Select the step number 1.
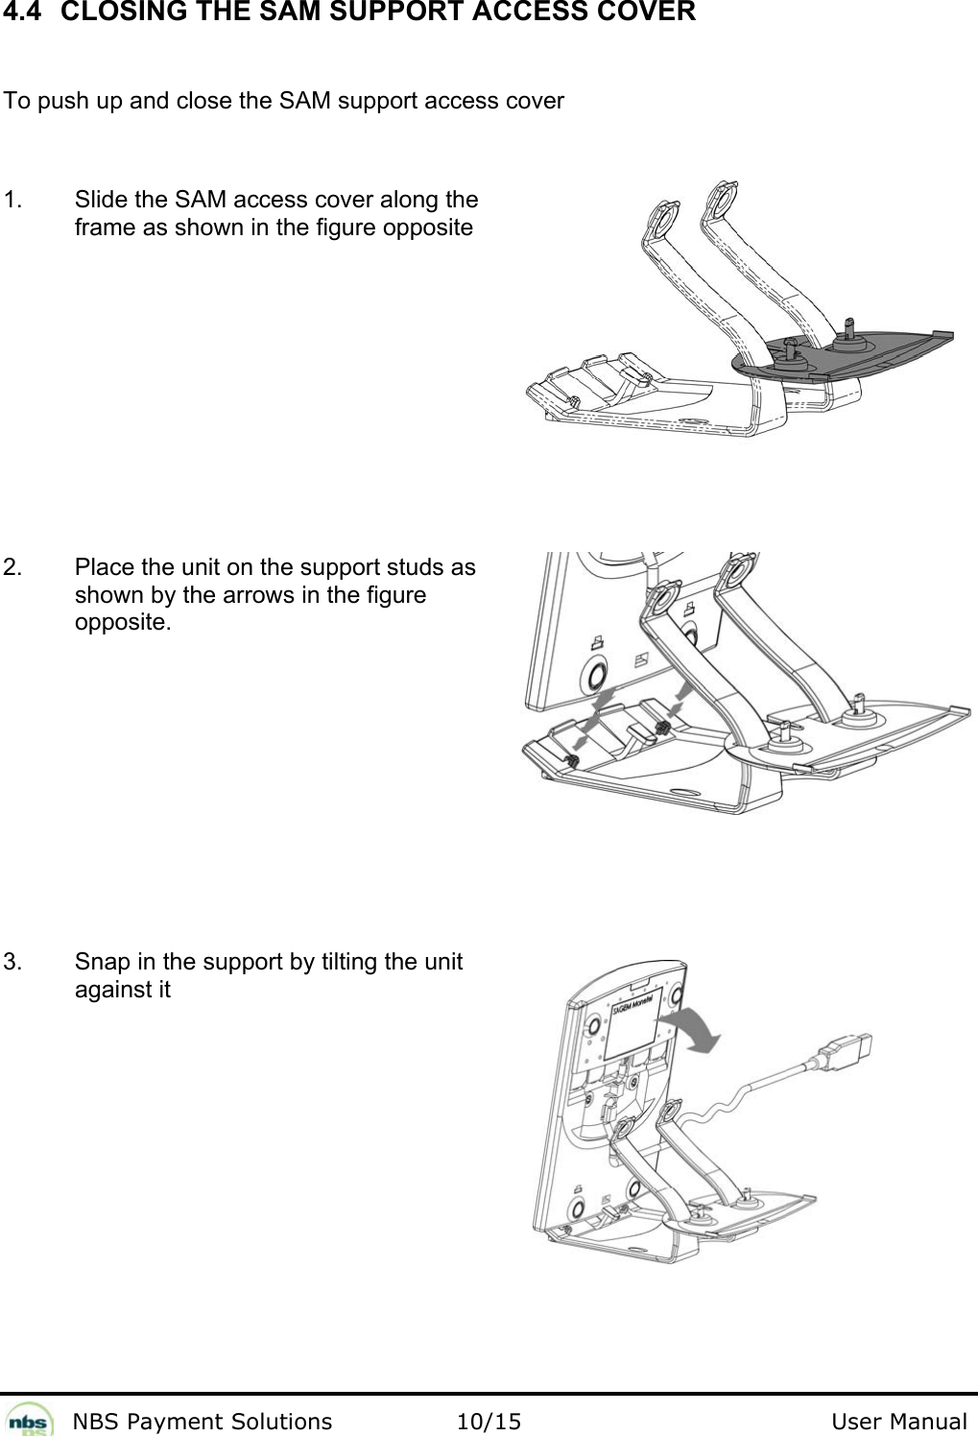click(13, 201)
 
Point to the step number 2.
click(13, 567)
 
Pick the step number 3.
click(13, 962)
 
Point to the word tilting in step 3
click(346, 962)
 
